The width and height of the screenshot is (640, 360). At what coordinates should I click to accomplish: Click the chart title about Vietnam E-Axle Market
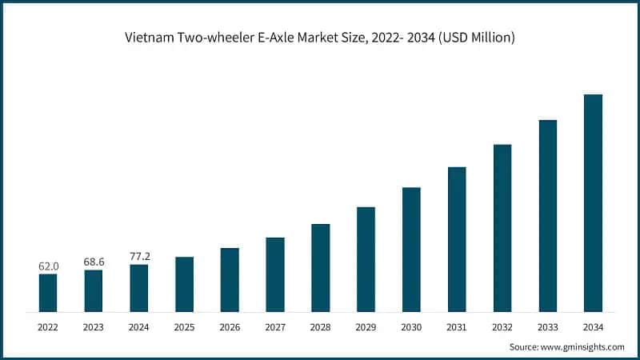(319, 37)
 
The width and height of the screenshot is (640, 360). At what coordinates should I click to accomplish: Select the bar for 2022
(48, 292)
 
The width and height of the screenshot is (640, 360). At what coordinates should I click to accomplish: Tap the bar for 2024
(139, 287)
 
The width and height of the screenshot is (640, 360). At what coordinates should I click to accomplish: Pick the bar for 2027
(275, 274)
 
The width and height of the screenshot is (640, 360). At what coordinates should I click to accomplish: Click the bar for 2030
(411, 249)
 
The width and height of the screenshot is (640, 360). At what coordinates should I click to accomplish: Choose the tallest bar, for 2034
(593, 202)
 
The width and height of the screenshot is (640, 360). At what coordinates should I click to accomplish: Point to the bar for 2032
(502, 227)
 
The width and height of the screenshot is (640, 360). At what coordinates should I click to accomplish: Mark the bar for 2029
(366, 258)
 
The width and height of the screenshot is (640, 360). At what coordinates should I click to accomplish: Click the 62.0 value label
(48, 266)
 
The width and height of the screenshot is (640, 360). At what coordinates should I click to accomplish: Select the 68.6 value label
(94, 262)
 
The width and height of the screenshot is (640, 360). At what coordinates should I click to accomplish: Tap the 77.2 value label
(139, 256)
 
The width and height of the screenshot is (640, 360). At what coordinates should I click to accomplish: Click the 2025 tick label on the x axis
(184, 327)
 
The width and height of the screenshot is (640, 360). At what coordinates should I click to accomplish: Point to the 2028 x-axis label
(320, 327)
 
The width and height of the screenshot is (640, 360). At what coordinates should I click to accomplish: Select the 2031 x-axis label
(457, 327)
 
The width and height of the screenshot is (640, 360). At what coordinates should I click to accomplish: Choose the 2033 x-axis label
(547, 327)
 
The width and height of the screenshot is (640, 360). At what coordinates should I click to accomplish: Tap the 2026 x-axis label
(230, 327)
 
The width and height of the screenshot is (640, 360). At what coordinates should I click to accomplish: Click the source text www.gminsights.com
(585, 346)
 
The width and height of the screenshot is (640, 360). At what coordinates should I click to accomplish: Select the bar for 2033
(547, 215)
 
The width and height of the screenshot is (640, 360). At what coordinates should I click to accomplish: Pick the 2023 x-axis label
(94, 327)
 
